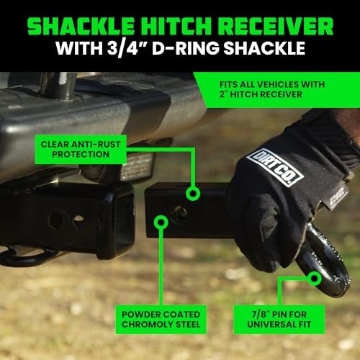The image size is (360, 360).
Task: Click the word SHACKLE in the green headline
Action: [x=81, y=27]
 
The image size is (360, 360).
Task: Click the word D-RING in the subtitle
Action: [x=186, y=48]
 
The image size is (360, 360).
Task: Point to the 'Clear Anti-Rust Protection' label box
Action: [x=81, y=149]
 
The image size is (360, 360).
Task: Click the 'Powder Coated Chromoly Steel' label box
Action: [x=161, y=320]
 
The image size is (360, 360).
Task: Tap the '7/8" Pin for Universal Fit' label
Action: [x=279, y=320]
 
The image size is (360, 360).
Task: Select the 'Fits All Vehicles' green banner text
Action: [x=272, y=89]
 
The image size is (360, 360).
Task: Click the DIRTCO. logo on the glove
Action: [x=275, y=167]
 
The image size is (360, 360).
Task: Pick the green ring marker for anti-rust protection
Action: [x=193, y=193]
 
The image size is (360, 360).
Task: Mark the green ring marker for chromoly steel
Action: [x=161, y=222]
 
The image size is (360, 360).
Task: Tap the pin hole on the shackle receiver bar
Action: [x=179, y=212]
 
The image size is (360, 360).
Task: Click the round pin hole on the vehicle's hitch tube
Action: [x=55, y=220]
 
